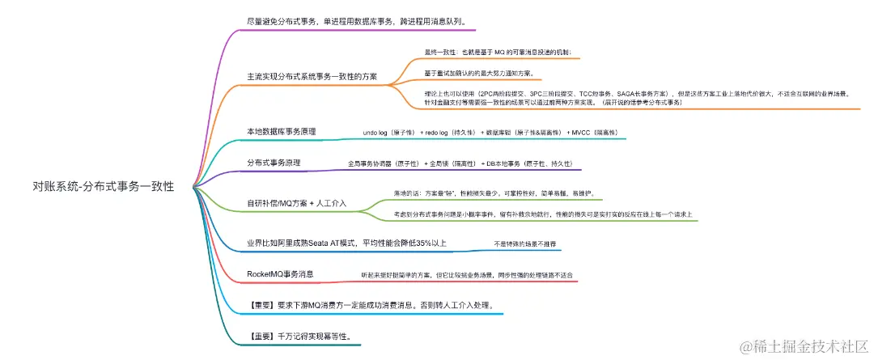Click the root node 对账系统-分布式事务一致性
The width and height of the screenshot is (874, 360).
[104, 186]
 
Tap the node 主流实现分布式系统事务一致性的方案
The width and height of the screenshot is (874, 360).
[312, 76]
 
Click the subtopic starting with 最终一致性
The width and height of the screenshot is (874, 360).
[502, 53]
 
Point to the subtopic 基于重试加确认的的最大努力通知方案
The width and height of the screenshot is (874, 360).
[478, 73]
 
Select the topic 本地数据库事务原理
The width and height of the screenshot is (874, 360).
[281, 131]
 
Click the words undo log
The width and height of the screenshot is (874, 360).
[376, 131]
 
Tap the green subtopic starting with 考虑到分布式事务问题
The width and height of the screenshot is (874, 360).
[541, 214]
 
